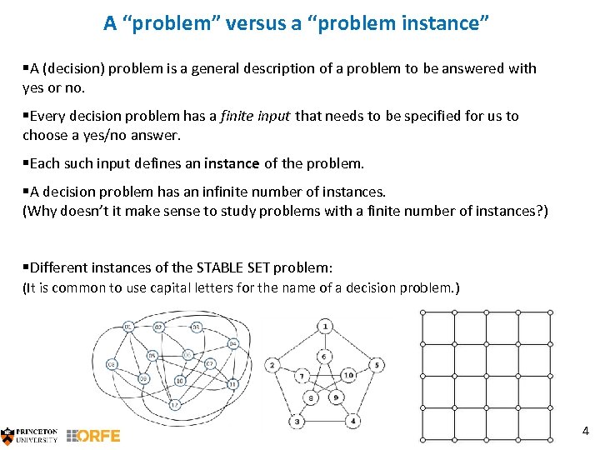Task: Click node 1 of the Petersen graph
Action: click(324, 326)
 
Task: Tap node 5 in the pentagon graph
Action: click(377, 365)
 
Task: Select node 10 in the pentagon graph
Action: click(348, 376)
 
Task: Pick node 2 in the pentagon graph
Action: click(272, 365)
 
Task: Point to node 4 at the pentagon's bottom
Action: click(354, 422)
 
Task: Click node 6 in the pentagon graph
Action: click(324, 357)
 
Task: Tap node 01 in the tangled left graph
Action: click(128, 326)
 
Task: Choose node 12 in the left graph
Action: click(174, 405)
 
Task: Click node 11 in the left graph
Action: click(232, 383)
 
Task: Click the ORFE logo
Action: click(93, 435)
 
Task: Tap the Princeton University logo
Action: click(30, 435)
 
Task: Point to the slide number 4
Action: click(585, 431)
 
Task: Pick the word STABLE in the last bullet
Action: click(218, 267)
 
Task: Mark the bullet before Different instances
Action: click(26, 267)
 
